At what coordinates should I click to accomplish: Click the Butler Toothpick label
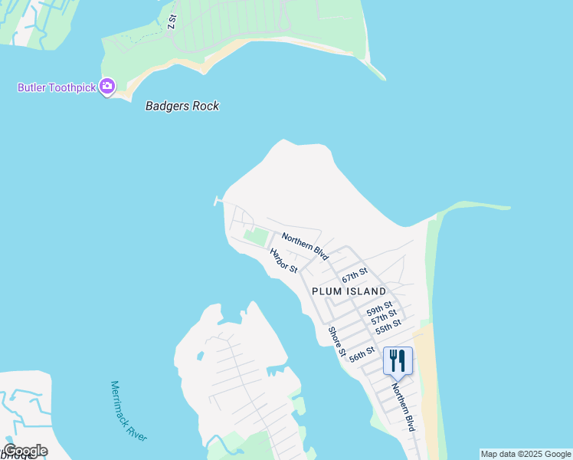pyautogui.click(x=57, y=87)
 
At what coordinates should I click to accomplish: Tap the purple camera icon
pyautogui.click(x=107, y=87)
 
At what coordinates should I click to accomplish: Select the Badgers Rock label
pyautogui.click(x=182, y=106)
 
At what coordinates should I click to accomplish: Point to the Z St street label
pyautogui.click(x=172, y=21)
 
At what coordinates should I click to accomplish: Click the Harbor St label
pyautogui.click(x=283, y=260)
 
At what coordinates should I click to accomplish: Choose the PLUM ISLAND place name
pyautogui.click(x=349, y=291)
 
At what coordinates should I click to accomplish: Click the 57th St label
pyautogui.click(x=384, y=318)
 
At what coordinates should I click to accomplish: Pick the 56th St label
pyautogui.click(x=362, y=353)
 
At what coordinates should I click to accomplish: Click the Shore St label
pyautogui.click(x=337, y=341)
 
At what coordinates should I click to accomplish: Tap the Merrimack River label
pyautogui.click(x=128, y=410)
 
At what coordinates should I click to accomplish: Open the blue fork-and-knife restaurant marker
pyautogui.click(x=397, y=360)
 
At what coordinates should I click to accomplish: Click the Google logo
pyautogui.click(x=25, y=451)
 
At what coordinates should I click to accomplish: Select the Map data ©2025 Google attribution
pyautogui.click(x=526, y=454)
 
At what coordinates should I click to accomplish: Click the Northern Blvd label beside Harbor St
pyautogui.click(x=305, y=246)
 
